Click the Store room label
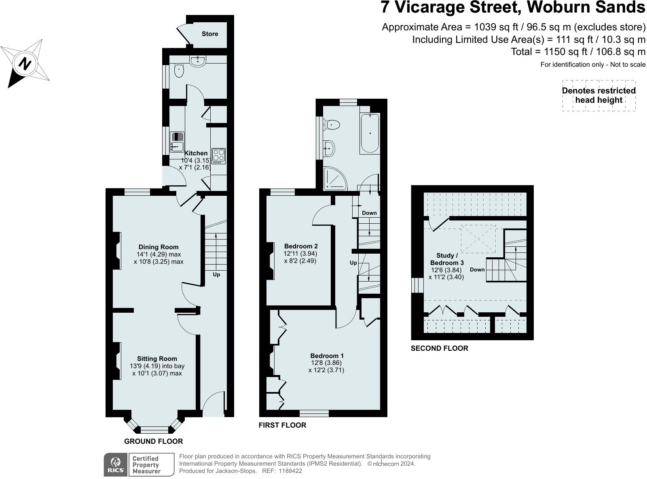point(210,34)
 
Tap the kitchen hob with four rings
point(219,156)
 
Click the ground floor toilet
point(179,72)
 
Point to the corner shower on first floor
point(334,179)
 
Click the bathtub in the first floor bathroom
point(370,134)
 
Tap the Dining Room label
point(158,247)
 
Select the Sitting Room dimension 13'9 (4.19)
point(156,366)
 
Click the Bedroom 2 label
point(301,246)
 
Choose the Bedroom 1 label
point(327,356)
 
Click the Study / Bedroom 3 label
point(447,259)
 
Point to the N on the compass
point(25,64)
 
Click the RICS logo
point(116,464)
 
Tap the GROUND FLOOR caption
point(153,441)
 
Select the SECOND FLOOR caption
point(439,348)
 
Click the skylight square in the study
point(478,239)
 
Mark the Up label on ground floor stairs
point(216,275)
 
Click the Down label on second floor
point(477,269)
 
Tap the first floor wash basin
point(329,148)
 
